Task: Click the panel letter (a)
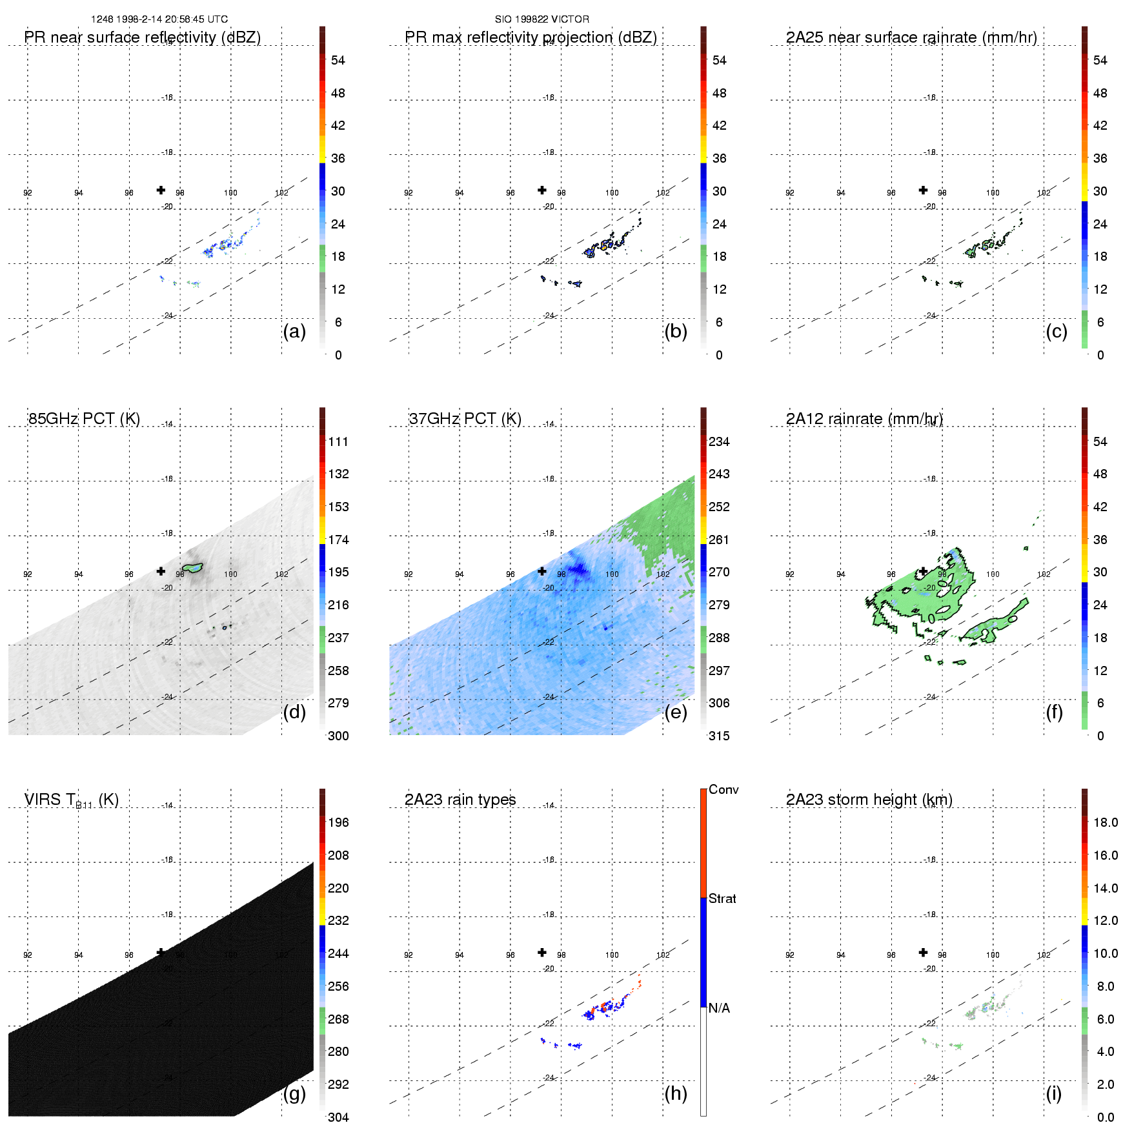[x=294, y=331]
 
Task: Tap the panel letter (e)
[x=676, y=712]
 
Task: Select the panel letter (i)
[x=1053, y=1093]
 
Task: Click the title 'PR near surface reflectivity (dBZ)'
[x=142, y=37]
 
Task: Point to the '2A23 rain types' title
[x=460, y=800]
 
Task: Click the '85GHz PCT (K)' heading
[x=84, y=419]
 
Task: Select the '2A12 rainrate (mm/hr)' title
[x=864, y=419]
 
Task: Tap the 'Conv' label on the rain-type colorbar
[x=723, y=789]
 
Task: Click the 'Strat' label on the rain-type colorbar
[x=722, y=898]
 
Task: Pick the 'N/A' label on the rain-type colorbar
[x=719, y=1008]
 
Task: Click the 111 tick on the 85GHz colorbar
[x=338, y=441]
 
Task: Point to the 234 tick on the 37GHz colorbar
[x=719, y=441]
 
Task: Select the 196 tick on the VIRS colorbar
[x=338, y=822]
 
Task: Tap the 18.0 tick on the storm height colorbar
[x=1106, y=822]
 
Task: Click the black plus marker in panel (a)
[x=161, y=190]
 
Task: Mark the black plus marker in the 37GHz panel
[x=542, y=571]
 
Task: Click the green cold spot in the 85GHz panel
[x=193, y=568]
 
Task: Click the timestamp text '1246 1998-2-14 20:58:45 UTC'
[x=159, y=19]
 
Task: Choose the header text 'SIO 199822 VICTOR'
[x=542, y=19]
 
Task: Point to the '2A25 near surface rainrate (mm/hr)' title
[x=911, y=37]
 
